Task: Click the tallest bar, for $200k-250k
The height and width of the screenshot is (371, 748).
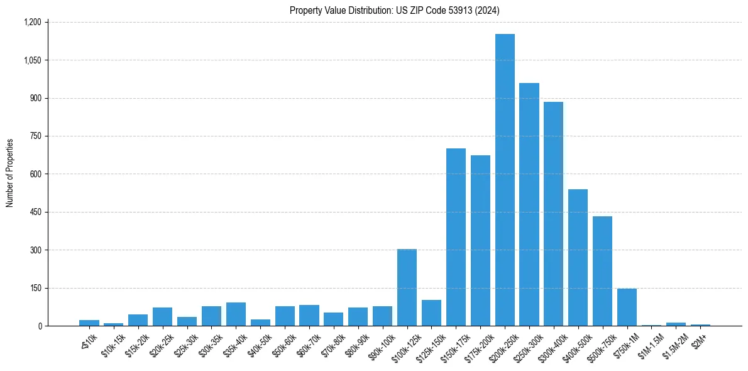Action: point(505,180)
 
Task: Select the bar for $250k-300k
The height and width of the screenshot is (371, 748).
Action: point(529,204)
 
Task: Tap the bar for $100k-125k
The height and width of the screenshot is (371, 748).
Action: point(407,287)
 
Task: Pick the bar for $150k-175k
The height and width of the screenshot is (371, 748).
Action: point(456,237)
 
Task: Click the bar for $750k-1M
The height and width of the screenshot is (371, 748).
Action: point(627,307)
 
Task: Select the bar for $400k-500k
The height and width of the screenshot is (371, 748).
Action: point(578,258)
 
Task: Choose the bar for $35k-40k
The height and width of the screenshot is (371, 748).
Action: point(236,314)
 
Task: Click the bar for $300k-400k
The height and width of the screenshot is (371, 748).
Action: point(553,214)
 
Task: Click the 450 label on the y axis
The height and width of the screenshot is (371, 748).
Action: point(35,212)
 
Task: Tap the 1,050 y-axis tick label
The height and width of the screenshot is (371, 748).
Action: point(32,60)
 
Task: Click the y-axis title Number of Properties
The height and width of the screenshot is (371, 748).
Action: point(10,174)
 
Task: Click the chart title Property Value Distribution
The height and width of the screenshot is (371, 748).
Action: point(395,10)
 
